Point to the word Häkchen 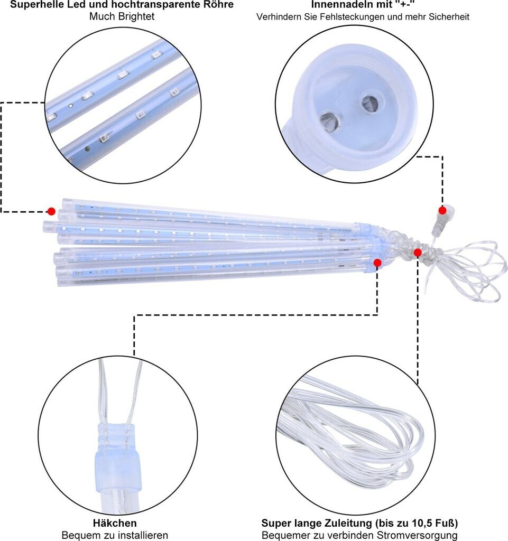point(115,523)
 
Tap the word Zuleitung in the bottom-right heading point(349,523)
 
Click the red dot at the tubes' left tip point(51,211)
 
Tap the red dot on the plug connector point(442,210)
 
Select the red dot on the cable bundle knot point(417,253)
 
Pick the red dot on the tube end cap point(377,263)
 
